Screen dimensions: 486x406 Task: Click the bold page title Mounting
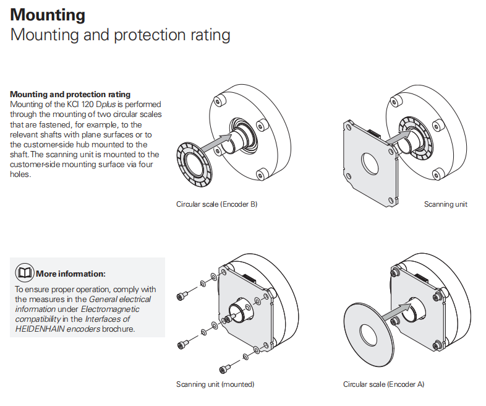click(48, 15)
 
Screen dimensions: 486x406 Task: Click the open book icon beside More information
click(25, 273)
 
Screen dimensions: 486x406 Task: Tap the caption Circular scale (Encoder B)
click(216, 204)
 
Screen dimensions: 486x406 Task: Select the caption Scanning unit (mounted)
click(215, 384)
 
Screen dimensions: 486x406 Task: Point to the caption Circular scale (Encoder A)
click(383, 384)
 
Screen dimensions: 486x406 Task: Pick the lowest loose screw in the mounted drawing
click(223, 369)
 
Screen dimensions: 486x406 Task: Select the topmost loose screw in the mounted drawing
click(181, 296)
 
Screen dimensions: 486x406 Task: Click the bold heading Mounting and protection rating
click(70, 94)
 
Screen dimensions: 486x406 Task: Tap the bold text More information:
click(70, 274)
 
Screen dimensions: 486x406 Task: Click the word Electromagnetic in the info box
click(110, 309)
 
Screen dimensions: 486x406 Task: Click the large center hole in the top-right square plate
click(370, 164)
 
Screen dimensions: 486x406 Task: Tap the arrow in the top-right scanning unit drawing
click(399, 137)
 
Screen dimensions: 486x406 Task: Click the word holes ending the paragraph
click(20, 175)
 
